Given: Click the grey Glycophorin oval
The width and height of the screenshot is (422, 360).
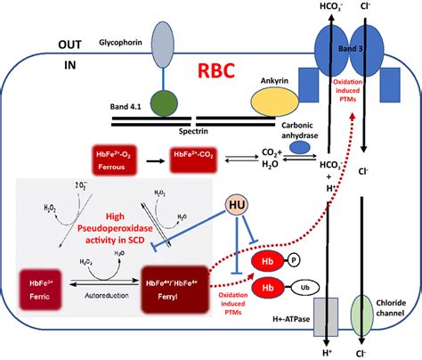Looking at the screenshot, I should (165, 41).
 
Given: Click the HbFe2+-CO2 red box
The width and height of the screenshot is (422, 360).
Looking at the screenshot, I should (194, 160).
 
